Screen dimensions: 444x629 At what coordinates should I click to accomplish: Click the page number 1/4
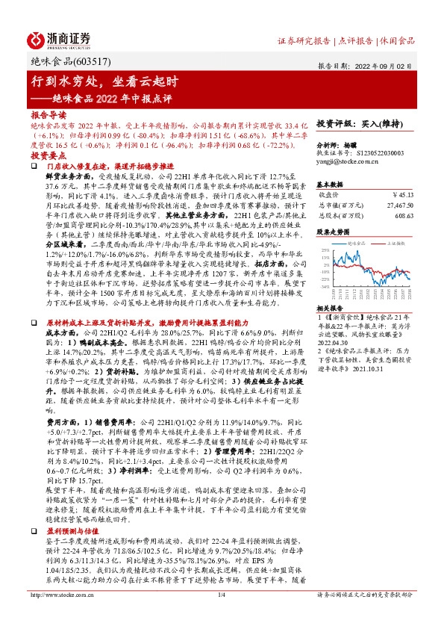point(221,615)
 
